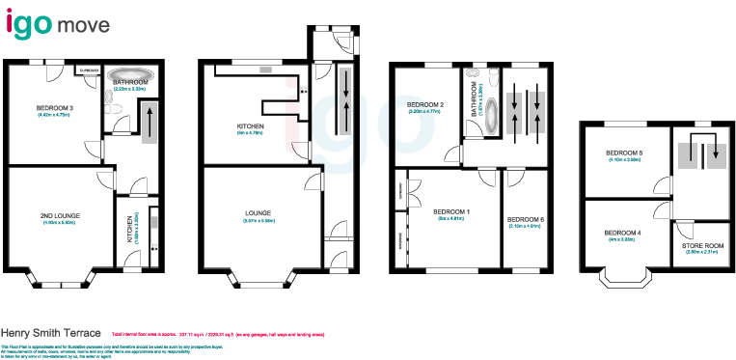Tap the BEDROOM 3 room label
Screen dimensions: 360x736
point(54,108)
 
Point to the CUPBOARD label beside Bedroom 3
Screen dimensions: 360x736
point(90,69)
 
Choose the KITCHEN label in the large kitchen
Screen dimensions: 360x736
point(250,127)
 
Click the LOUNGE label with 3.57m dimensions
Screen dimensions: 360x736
point(258,212)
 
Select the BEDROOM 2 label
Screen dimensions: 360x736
point(424,104)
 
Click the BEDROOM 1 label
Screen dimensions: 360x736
point(450,211)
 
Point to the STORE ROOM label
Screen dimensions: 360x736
point(703,245)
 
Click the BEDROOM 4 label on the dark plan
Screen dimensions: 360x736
point(623,233)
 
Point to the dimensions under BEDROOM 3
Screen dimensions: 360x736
point(54,116)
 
